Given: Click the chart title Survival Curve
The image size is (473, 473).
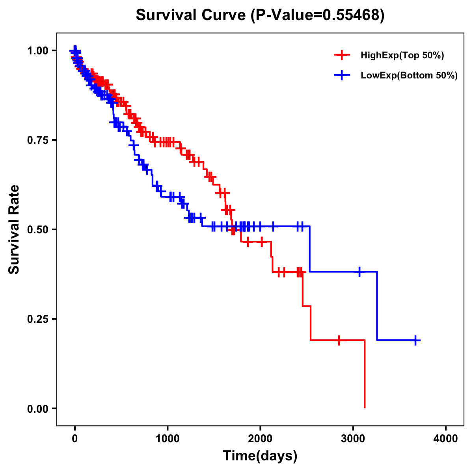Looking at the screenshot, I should [x=260, y=15].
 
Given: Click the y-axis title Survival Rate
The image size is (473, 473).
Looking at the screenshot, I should [x=14, y=229].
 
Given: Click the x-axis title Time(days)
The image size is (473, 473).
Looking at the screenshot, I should [x=260, y=456].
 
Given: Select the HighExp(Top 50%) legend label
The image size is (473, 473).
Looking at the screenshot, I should [x=402, y=56].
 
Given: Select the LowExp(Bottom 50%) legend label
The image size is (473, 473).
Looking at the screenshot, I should [x=409, y=75].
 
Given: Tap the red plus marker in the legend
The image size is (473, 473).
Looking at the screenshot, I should [x=342, y=56].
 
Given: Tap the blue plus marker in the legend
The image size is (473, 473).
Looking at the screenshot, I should [x=342, y=75].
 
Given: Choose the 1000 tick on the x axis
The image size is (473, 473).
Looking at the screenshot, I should [x=168, y=438].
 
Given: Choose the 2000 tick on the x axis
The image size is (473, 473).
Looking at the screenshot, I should [x=260, y=438].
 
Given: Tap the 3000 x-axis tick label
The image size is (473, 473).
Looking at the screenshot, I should [x=353, y=438].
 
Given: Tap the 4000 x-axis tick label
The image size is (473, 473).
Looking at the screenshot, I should [x=446, y=438].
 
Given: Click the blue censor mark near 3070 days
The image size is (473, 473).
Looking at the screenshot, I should [x=359, y=272].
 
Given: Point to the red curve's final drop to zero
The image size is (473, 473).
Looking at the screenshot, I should [x=365, y=374].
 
